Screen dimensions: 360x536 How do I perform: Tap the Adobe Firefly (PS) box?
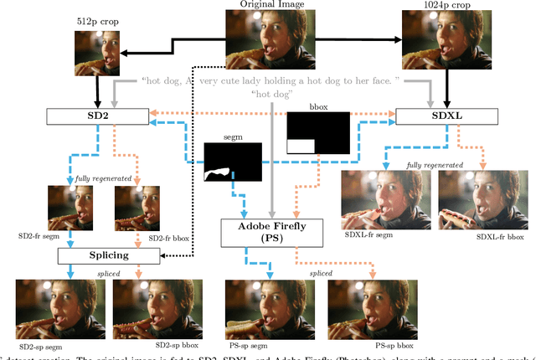(x=272, y=232)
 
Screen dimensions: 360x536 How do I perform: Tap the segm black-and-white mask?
(x=234, y=162)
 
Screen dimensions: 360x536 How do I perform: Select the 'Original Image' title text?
(x=271, y=3)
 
